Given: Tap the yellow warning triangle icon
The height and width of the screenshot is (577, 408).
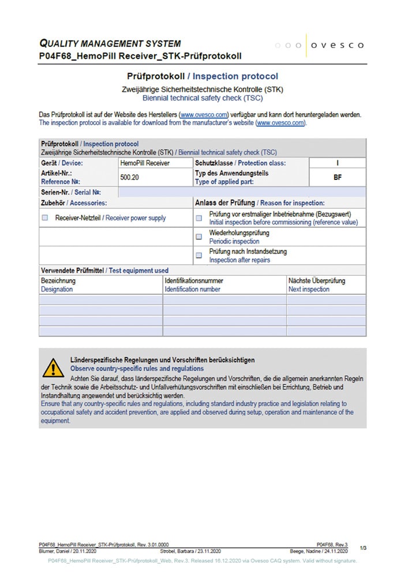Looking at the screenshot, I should pos(53,367).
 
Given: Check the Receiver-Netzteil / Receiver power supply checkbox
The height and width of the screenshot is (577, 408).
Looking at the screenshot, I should pos(45,218).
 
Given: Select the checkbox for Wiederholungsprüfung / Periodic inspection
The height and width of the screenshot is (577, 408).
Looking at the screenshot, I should pos(199,237).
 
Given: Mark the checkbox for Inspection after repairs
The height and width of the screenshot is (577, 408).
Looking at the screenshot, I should pos(199,255).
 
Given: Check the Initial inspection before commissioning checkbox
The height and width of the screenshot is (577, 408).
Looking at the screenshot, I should pos(199,218).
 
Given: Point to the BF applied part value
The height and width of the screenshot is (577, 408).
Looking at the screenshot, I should pos(338,177).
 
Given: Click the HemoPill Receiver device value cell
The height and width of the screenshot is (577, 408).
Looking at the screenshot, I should pos(145,163).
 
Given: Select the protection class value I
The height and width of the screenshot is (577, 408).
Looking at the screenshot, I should pos(338,163).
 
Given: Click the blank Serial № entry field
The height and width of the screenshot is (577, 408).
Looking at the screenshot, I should pos(241,192).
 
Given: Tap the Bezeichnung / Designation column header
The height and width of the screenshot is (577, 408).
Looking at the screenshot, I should pos(58,285).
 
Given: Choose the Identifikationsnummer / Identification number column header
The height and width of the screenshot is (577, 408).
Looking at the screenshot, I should pos(193,285).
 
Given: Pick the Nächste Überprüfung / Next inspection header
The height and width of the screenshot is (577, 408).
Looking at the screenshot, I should pos(317,285).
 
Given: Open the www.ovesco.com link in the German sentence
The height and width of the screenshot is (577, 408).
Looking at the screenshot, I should pos(204,115).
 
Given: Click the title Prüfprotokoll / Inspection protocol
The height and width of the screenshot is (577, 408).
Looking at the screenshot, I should pos(202,76).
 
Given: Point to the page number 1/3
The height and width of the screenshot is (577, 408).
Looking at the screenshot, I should pos(362,547).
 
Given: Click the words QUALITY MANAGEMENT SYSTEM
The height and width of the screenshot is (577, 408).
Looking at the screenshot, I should pos(110,43).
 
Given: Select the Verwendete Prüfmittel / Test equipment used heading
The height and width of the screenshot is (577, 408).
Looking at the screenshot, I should pos(104,270).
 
